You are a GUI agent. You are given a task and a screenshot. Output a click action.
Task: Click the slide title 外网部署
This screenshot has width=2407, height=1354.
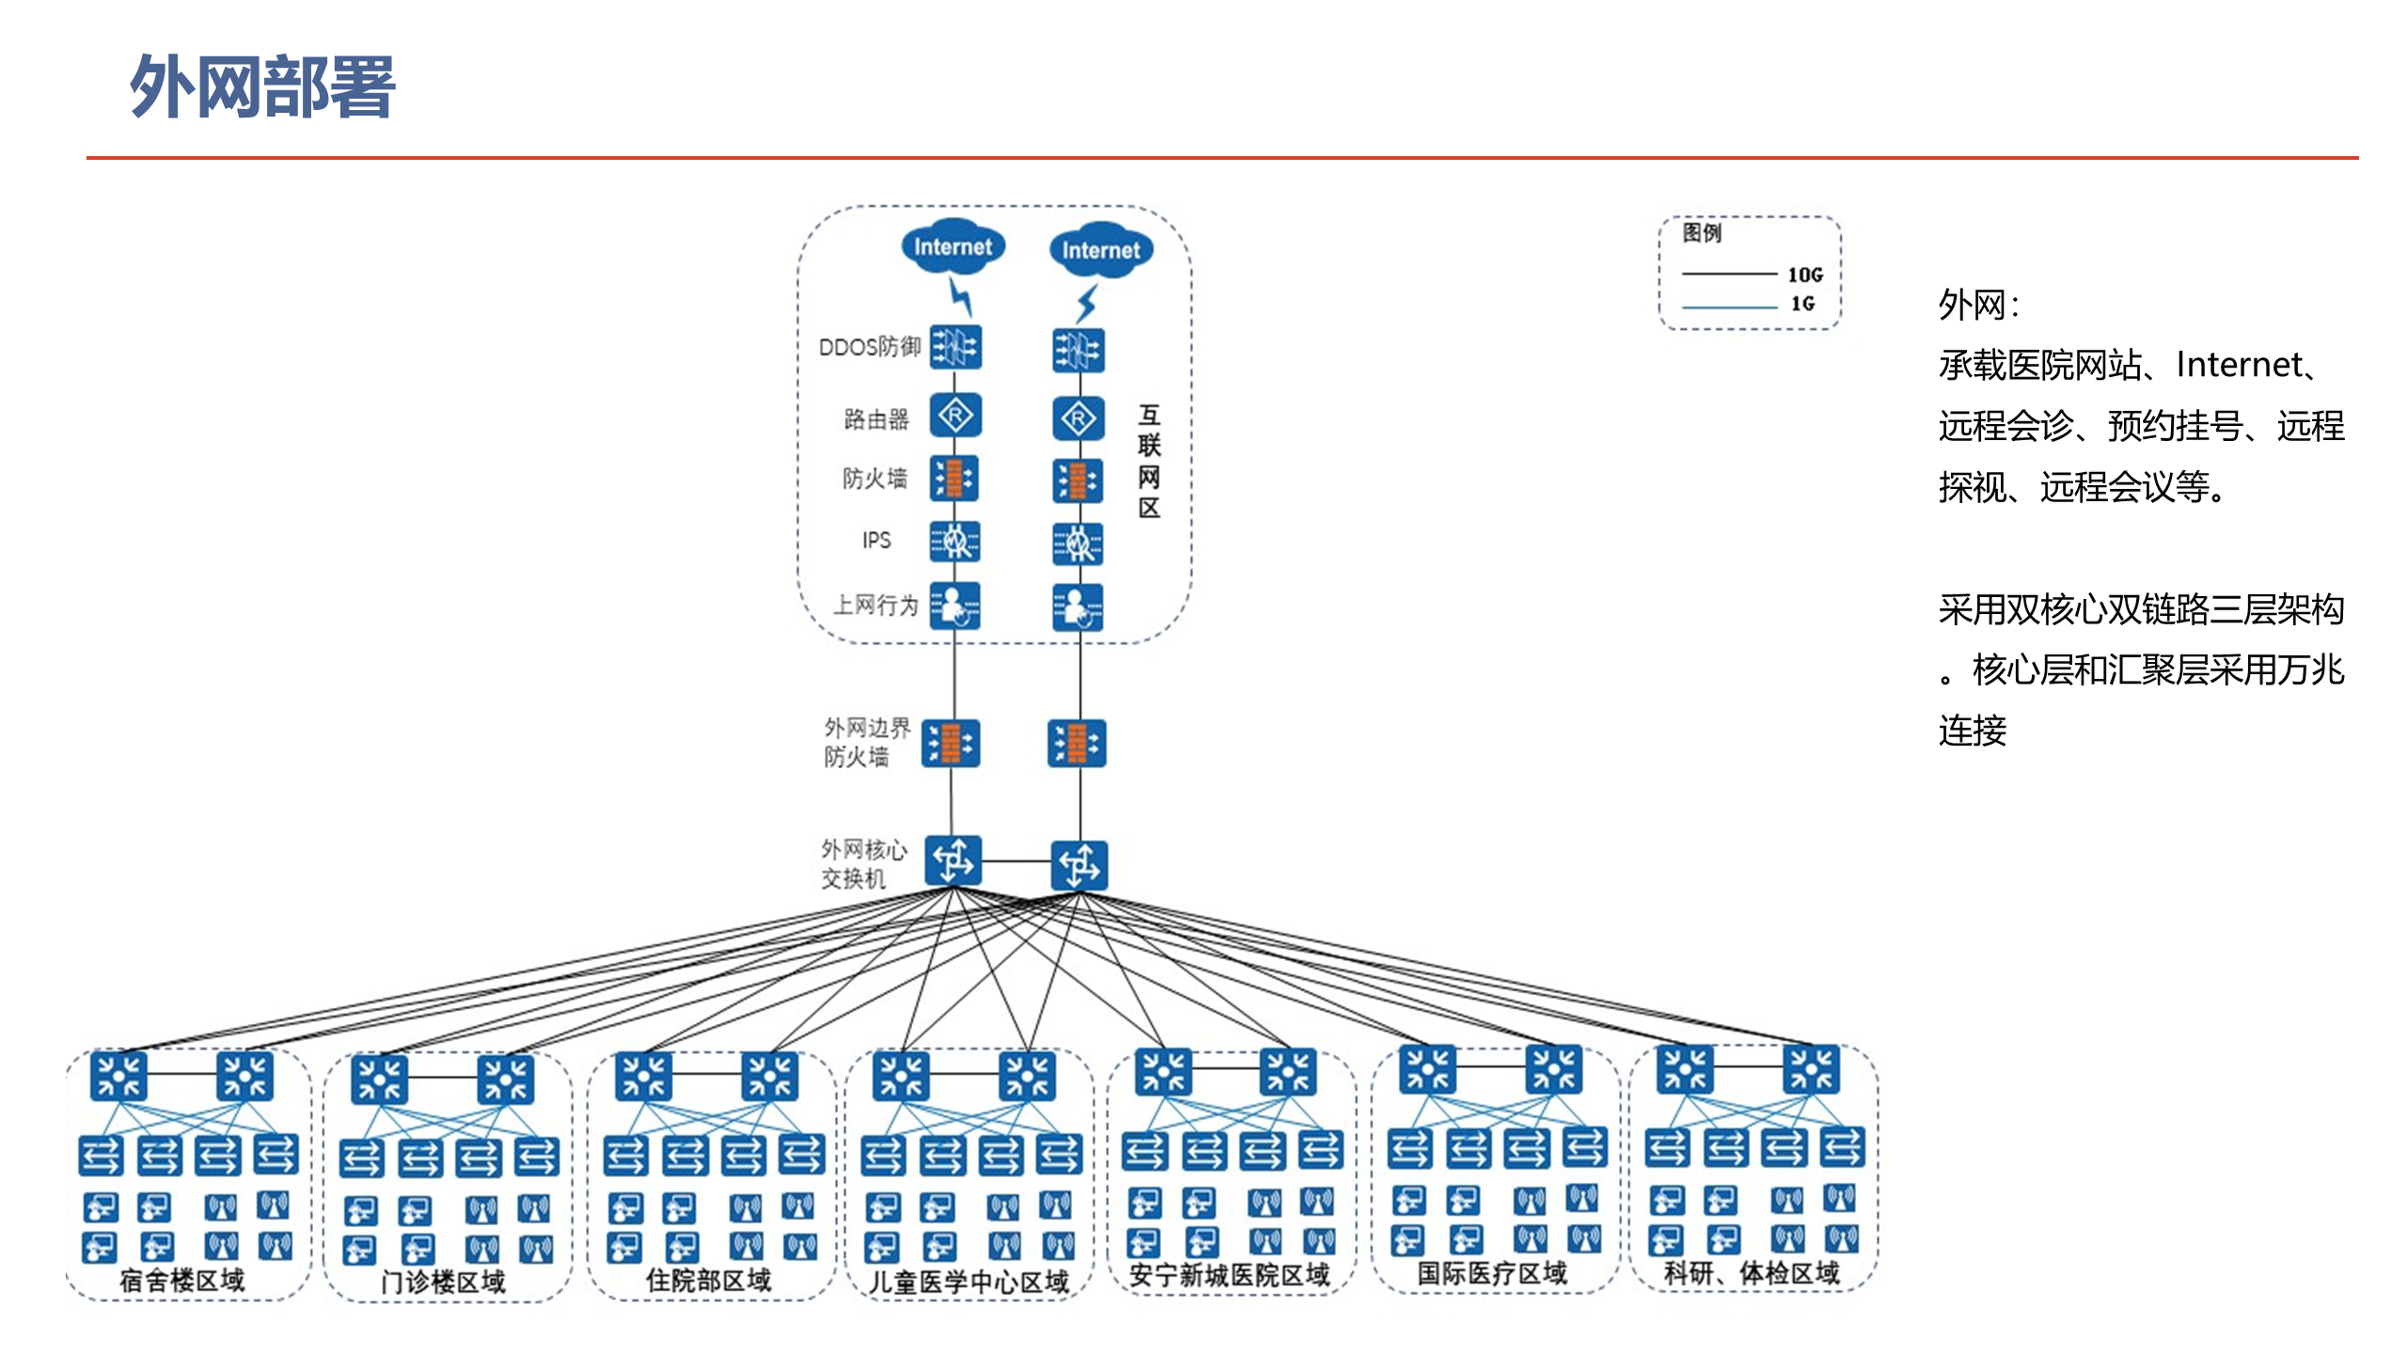[262, 87]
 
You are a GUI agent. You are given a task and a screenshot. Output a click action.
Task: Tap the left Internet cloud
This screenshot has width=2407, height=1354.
[952, 246]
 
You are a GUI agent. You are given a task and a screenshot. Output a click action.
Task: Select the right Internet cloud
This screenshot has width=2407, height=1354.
[1101, 250]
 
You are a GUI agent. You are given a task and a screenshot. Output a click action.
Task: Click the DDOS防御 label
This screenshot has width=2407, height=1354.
[870, 347]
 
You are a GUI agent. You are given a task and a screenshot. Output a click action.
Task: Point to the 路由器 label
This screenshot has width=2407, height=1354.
[876, 419]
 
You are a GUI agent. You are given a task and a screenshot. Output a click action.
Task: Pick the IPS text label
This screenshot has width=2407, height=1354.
[876, 540]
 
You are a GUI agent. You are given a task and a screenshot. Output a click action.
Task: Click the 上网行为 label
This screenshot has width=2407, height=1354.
[876, 605]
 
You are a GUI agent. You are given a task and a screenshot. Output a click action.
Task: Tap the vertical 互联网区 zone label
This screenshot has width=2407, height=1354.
[1149, 462]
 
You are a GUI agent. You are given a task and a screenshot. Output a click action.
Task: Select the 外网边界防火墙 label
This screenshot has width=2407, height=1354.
[867, 743]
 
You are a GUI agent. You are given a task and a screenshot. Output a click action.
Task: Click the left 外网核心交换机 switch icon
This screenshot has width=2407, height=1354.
[953, 860]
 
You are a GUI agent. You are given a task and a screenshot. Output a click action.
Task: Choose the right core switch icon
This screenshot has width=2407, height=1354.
[1079, 865]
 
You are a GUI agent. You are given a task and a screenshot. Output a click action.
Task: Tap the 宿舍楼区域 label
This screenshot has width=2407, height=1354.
[182, 1280]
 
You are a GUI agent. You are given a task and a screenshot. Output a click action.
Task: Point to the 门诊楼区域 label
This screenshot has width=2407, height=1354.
[444, 1282]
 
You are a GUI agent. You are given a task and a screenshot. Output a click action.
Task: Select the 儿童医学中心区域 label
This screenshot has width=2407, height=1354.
[969, 1282]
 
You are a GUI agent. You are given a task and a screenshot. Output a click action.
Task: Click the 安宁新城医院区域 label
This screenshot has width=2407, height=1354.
[1230, 1275]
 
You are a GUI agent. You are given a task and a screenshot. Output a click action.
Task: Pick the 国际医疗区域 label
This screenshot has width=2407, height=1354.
[1493, 1273]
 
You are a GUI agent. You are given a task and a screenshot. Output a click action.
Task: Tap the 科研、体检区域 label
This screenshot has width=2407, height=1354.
[1753, 1273]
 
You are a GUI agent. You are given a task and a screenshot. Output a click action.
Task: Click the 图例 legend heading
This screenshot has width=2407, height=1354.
[1702, 232]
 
